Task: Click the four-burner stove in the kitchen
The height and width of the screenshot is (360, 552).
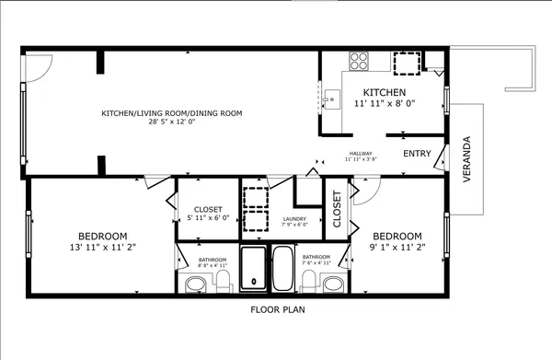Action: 358,63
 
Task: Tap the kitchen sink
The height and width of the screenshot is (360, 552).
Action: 329,95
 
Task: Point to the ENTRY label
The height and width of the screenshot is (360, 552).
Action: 417,154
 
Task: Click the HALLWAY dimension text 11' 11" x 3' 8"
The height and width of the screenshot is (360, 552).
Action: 360,159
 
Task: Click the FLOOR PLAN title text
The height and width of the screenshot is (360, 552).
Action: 277,309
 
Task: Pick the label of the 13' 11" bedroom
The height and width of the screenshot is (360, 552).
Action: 103,240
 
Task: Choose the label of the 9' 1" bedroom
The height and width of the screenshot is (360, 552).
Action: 397,240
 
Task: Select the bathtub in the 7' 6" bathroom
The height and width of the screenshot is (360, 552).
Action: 282,268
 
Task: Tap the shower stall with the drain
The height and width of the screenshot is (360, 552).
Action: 252,268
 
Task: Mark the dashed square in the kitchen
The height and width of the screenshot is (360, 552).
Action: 407,63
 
